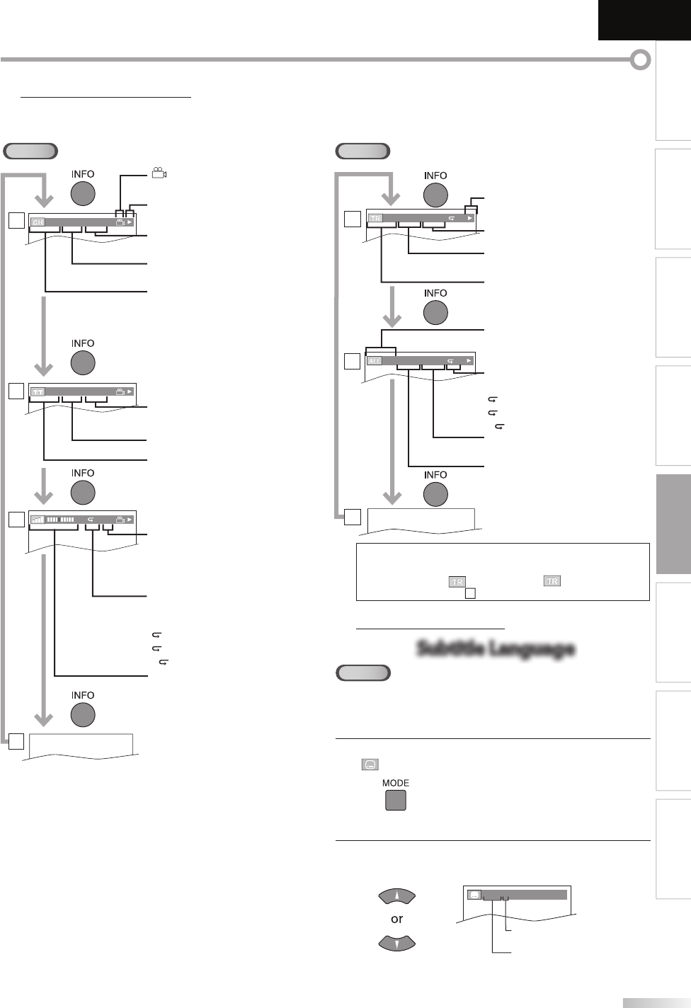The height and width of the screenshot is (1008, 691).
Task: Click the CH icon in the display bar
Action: [38, 222]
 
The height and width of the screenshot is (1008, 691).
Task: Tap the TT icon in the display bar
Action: [38, 391]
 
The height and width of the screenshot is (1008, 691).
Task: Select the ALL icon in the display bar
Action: [375, 360]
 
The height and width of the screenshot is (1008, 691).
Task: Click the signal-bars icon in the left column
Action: [38, 519]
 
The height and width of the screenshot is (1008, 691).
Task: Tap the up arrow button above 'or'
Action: [397, 896]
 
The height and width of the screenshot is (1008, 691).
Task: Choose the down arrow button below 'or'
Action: [397, 944]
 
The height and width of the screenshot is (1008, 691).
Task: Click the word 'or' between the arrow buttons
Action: [396, 919]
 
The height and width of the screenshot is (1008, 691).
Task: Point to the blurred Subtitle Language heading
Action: [496, 648]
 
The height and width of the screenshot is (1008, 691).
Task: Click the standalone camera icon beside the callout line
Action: [159, 173]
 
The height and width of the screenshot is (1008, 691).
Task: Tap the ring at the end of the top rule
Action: [640, 60]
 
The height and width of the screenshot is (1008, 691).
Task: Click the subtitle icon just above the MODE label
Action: [370, 764]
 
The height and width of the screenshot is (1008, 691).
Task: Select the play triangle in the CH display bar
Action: [130, 222]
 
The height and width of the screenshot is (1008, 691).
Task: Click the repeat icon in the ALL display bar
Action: [451, 360]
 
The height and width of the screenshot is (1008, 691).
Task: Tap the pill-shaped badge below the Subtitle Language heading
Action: [362, 672]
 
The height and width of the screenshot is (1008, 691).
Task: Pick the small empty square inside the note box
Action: [469, 593]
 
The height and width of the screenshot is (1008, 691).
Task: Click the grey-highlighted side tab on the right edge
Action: [673, 524]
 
